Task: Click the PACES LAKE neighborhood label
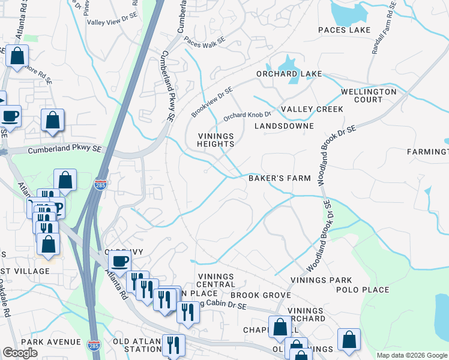[x=344, y=30]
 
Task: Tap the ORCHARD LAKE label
[x=289, y=74]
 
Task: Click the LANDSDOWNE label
[x=284, y=127]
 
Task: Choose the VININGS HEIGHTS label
[x=215, y=140]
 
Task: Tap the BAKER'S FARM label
[x=280, y=178]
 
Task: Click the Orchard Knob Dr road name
[x=247, y=115]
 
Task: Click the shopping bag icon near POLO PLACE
[x=349, y=340]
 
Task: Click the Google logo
[x=20, y=353]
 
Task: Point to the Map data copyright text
[x=411, y=355]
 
